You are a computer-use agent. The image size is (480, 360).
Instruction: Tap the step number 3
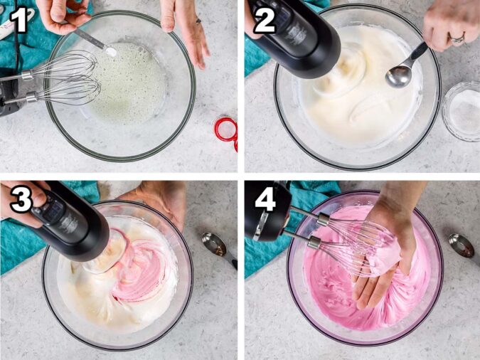point(21,200)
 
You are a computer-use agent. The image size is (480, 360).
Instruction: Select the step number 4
point(265,200)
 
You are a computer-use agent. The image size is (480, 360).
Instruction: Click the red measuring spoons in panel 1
point(227,130)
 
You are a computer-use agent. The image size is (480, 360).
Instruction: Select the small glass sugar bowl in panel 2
point(460,110)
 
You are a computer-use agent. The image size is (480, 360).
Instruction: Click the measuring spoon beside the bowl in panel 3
point(217,246)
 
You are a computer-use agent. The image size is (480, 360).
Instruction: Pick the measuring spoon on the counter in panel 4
point(462,245)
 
